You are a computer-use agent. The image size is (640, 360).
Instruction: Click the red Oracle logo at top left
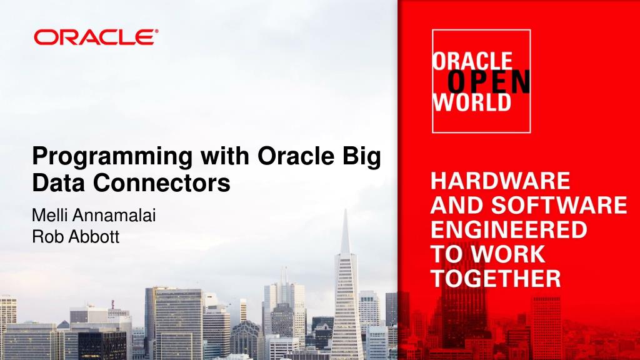click(x=93, y=37)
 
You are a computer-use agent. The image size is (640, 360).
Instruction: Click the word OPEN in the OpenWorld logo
click(x=489, y=81)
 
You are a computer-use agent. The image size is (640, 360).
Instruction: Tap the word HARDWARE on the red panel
click(x=500, y=181)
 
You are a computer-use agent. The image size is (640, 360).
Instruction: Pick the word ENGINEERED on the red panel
click(x=509, y=229)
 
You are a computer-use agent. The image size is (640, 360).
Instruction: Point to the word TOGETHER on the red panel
click(x=496, y=278)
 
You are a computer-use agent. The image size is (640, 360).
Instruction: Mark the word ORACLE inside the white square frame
click(x=472, y=61)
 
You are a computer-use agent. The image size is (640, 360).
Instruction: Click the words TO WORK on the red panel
click(x=488, y=254)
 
